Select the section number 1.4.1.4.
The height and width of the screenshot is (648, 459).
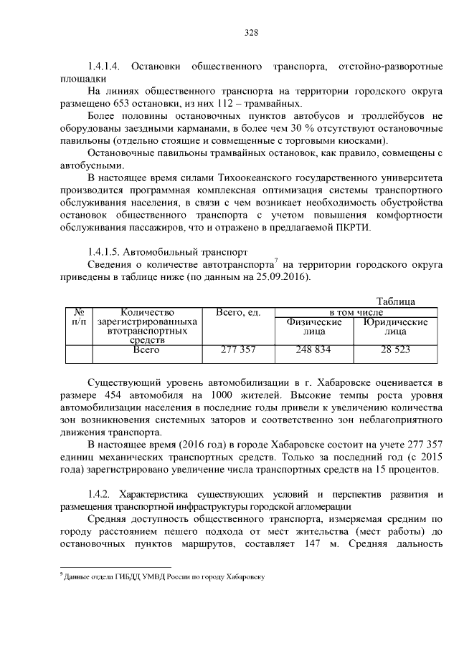click(107, 67)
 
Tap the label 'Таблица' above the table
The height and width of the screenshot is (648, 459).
click(396, 301)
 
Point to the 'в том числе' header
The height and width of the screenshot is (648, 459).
click(356, 313)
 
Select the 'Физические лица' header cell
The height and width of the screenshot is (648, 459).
click(313, 327)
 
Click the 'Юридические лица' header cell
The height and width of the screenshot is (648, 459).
click(395, 327)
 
